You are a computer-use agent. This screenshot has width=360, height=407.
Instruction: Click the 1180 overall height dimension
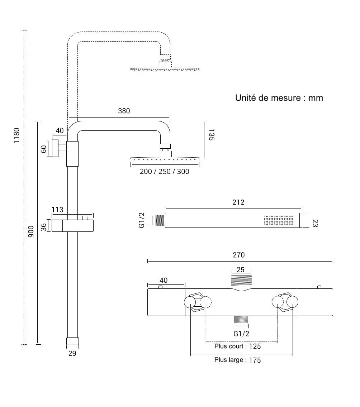click(x=16, y=135)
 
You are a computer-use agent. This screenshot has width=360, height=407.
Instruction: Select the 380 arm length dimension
click(x=124, y=111)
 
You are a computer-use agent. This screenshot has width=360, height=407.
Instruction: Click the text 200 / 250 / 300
click(x=164, y=172)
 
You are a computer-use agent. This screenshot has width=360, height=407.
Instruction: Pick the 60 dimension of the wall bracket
click(x=44, y=149)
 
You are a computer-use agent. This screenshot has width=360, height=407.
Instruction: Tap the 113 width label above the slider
click(x=57, y=210)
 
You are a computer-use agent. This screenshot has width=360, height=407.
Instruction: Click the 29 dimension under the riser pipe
click(x=72, y=354)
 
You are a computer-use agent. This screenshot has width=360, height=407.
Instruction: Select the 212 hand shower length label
click(x=238, y=202)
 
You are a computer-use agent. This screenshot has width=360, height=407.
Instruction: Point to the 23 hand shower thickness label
click(x=316, y=223)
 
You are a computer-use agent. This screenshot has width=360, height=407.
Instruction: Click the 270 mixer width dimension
click(x=238, y=255)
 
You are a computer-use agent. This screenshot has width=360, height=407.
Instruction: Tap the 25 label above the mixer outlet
click(x=241, y=270)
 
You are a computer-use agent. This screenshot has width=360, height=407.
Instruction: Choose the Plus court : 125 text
click(x=237, y=346)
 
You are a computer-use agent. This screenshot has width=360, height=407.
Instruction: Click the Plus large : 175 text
click(x=237, y=360)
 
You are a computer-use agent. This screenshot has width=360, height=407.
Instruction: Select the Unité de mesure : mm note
click(x=279, y=98)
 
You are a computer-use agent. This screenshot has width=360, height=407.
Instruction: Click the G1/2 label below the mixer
click(x=241, y=334)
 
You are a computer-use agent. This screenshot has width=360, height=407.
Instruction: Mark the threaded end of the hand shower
click(x=160, y=221)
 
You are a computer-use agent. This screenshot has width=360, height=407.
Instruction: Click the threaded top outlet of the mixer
click(x=242, y=281)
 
